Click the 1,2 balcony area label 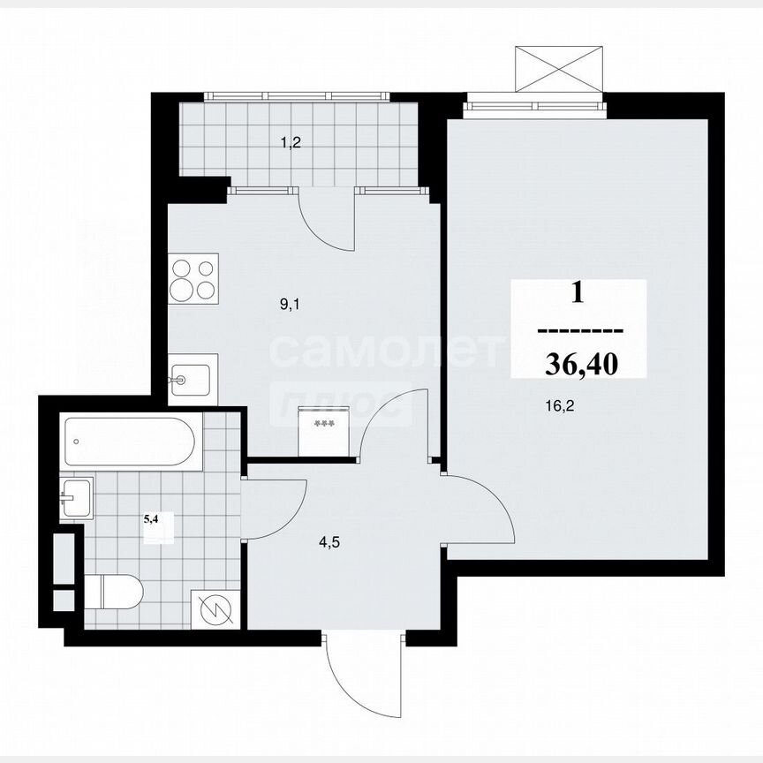291,141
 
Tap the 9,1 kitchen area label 291,305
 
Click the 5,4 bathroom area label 152,519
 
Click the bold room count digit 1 578,292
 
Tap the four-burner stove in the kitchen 193,276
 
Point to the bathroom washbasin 77,497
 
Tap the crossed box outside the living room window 558,66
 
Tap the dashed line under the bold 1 580,331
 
